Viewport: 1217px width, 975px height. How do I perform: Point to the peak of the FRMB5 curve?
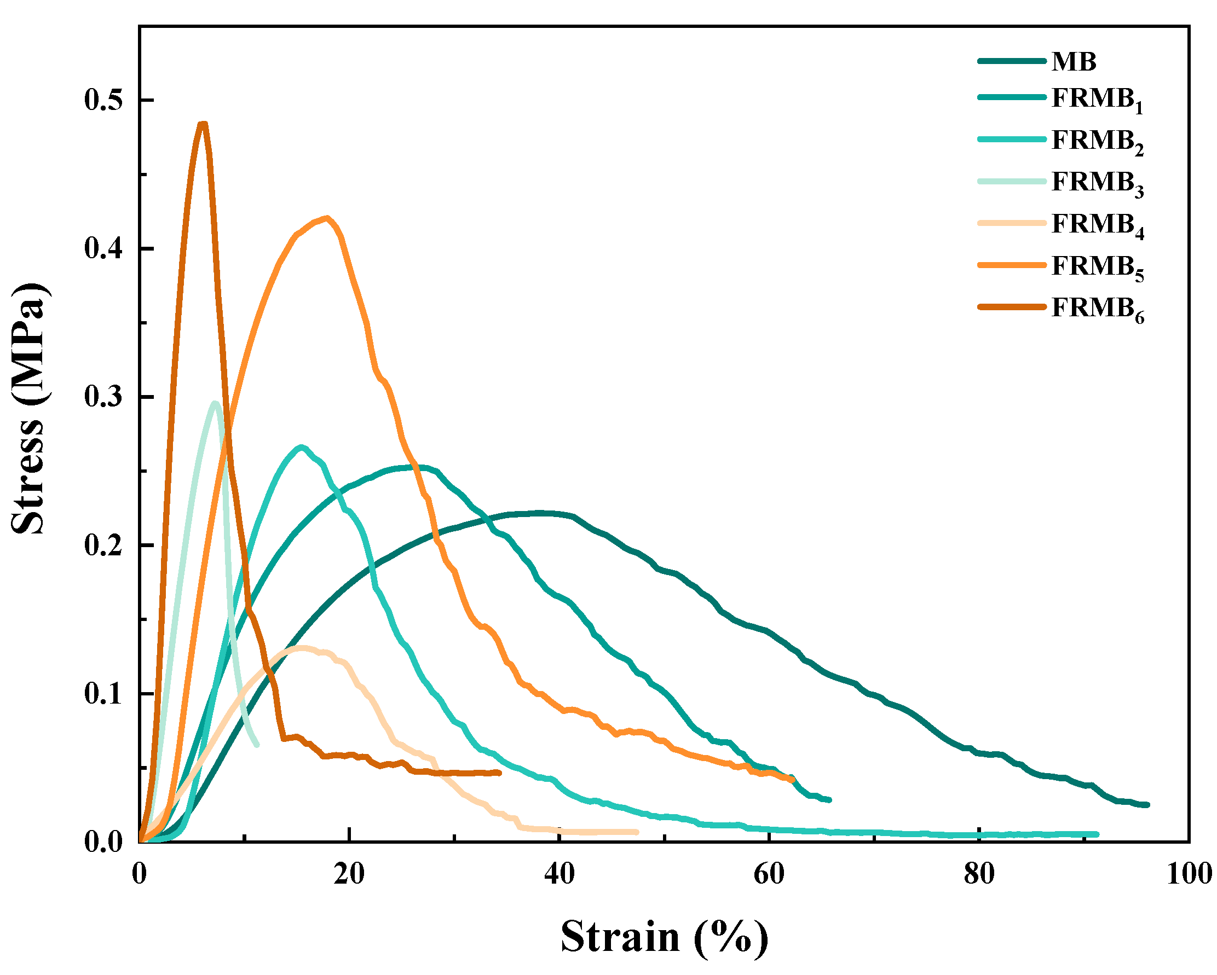(326, 217)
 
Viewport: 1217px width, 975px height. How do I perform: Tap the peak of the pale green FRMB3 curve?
(215, 403)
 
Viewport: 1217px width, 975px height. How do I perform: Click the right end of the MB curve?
(1147, 805)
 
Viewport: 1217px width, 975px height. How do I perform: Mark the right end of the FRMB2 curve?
(1097, 834)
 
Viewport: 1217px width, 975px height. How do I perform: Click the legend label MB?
(1074, 61)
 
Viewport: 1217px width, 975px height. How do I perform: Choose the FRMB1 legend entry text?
(1097, 100)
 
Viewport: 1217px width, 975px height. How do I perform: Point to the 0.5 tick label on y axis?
(103, 101)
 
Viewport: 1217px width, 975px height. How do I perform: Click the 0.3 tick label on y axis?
(103, 397)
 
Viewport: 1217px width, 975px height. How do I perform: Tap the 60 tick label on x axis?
(769, 874)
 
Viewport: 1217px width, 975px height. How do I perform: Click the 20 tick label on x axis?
(349, 874)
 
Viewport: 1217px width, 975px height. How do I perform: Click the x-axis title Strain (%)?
(664, 937)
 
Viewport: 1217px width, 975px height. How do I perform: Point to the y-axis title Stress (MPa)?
(28, 409)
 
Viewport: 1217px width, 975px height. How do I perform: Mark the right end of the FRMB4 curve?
(637, 832)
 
